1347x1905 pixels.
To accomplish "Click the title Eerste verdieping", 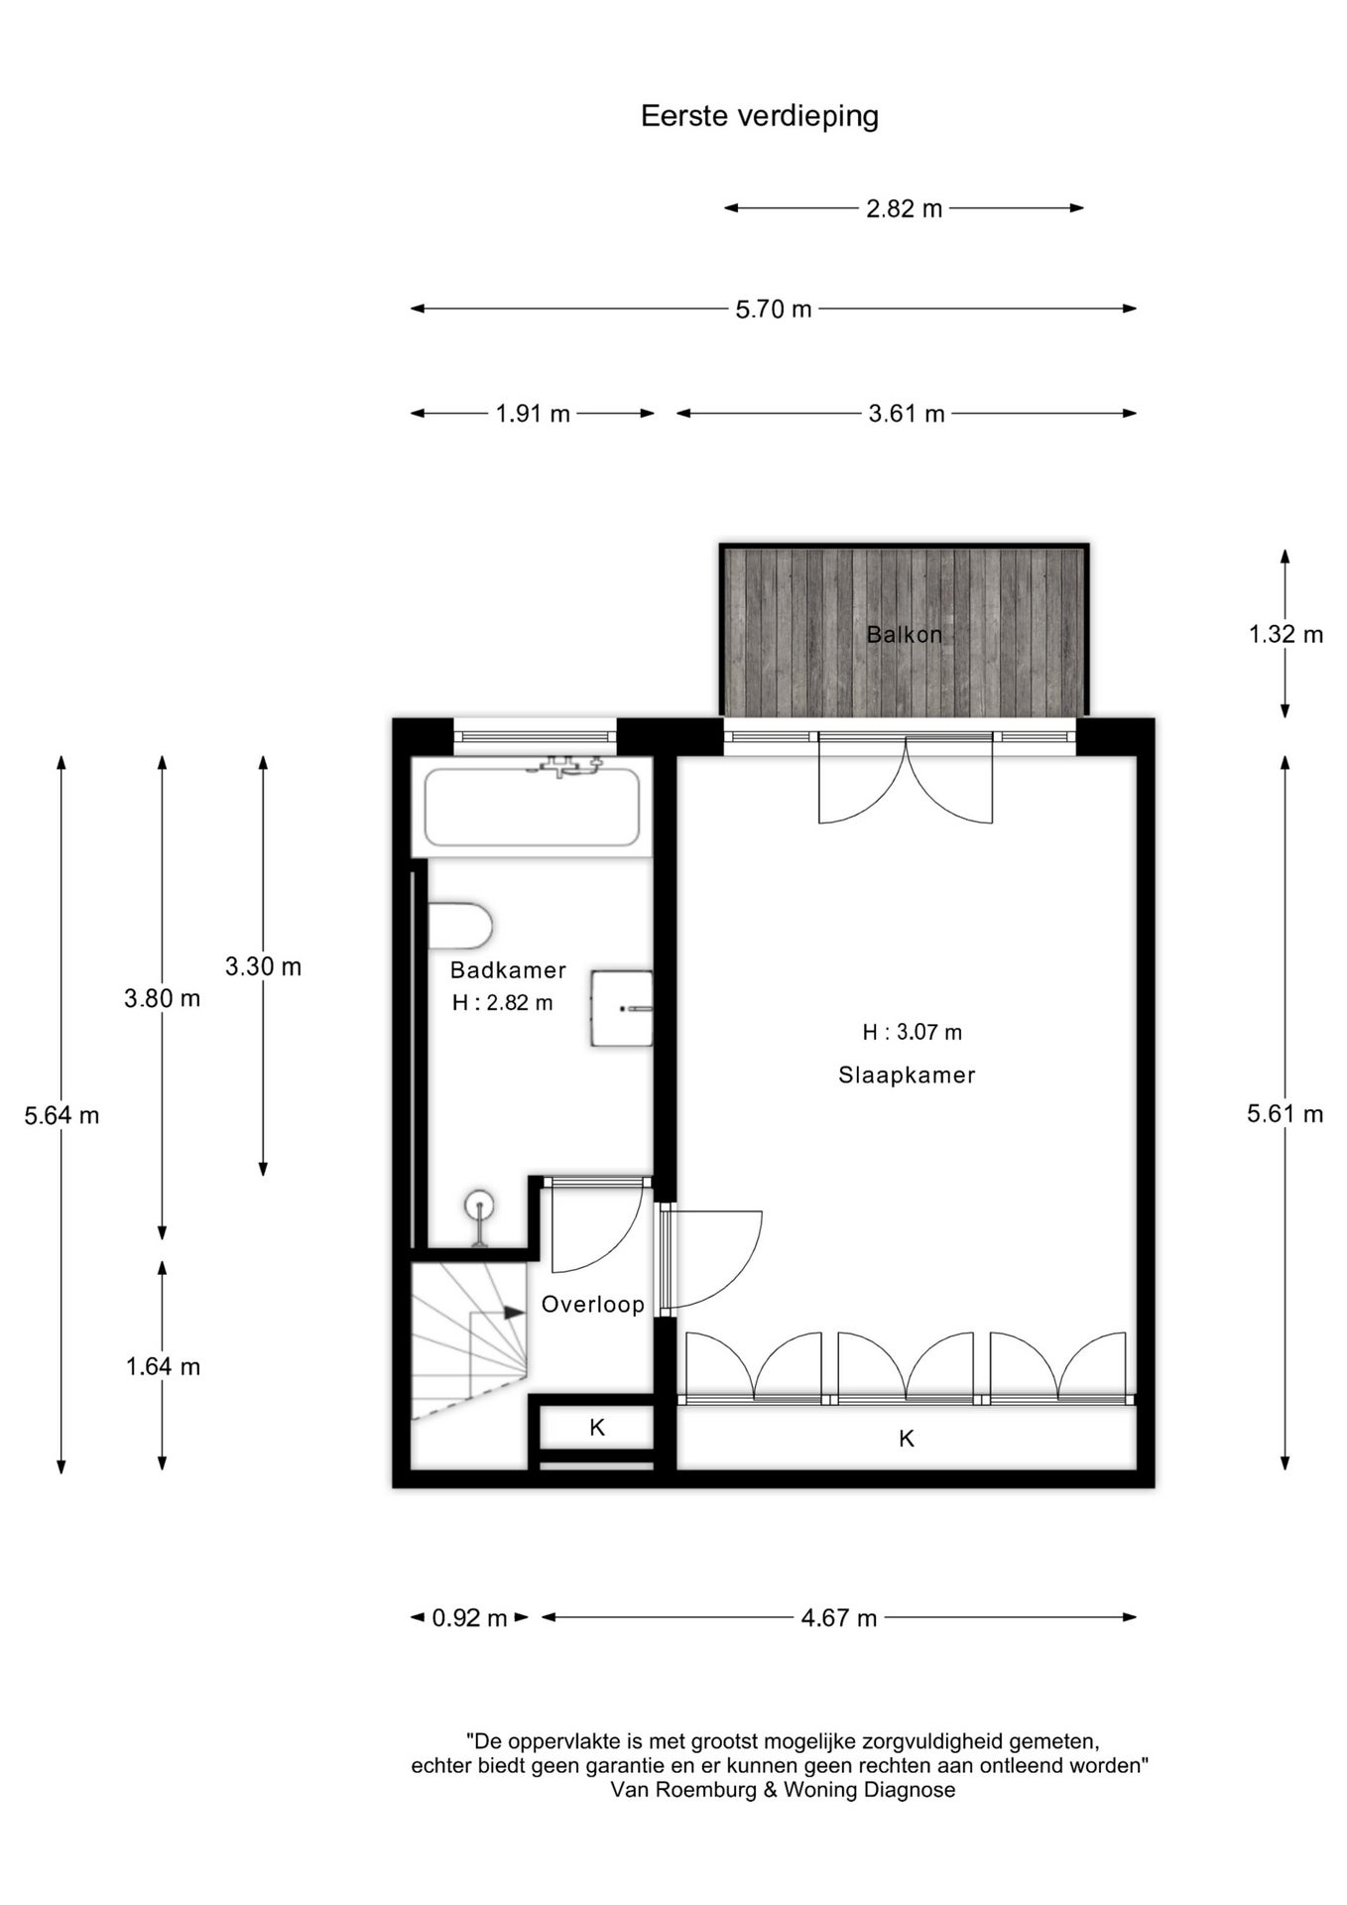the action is click(760, 117).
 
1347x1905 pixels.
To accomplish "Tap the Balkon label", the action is click(905, 634).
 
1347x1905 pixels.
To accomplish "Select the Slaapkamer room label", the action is click(907, 1075).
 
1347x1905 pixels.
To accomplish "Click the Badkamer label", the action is click(508, 970).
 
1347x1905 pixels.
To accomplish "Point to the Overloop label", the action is click(593, 1305).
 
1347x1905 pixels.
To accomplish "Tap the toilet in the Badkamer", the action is click(460, 926).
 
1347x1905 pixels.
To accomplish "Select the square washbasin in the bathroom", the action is click(622, 1008).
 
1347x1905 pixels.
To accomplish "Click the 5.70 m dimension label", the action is click(774, 310).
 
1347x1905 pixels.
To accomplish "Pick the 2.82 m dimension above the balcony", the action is click(905, 209).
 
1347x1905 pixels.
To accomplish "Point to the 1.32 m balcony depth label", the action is click(1286, 634).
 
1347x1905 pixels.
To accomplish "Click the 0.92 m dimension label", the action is click(469, 1618).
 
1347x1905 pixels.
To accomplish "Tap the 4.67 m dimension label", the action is click(839, 1618).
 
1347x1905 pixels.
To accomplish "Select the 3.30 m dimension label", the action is click(263, 966).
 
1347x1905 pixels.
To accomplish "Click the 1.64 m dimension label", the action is click(163, 1367).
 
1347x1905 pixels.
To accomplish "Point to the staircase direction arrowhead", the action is click(514, 1313).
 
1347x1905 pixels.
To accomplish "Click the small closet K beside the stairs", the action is click(596, 1428).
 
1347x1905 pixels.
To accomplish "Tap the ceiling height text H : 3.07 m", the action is click(912, 1033).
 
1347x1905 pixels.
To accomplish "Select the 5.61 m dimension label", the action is click(1286, 1114).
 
